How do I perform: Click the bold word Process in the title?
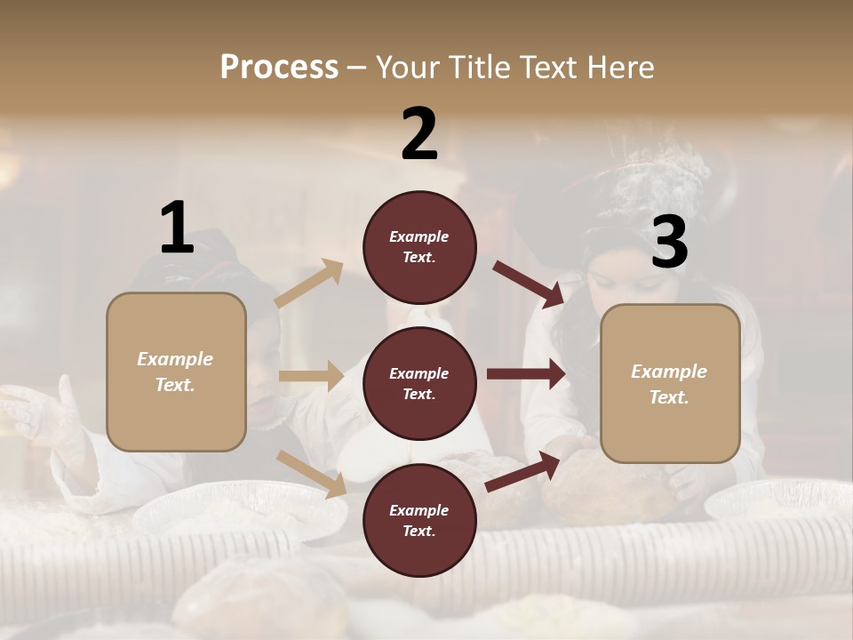click(279, 67)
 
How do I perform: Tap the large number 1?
click(177, 228)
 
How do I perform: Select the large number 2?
click(419, 133)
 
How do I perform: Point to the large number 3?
click(669, 242)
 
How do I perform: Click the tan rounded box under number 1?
click(176, 372)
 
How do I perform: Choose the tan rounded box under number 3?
click(670, 383)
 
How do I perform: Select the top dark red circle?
click(419, 247)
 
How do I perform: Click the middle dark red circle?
click(419, 383)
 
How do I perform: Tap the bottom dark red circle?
click(419, 520)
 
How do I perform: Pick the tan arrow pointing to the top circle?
click(309, 284)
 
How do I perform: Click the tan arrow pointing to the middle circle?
click(310, 376)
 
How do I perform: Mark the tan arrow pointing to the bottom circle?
click(311, 474)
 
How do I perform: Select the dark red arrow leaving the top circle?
click(529, 284)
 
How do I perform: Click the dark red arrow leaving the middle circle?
click(525, 374)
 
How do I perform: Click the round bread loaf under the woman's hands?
click(604, 484)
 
